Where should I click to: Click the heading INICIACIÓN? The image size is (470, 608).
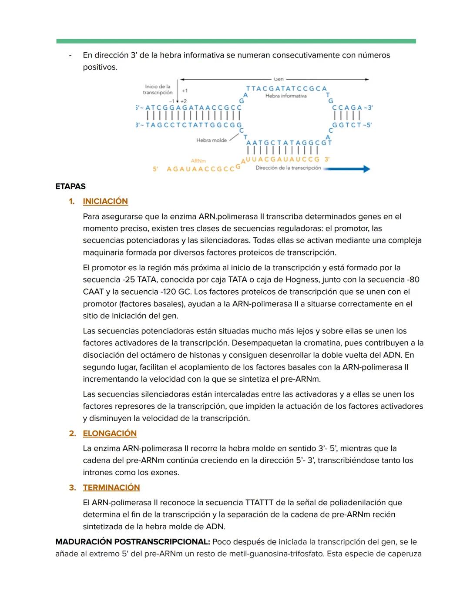105,202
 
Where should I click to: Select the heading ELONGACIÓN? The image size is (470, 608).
110,433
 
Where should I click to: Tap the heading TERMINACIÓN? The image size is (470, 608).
111,488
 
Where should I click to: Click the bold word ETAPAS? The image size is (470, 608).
70,186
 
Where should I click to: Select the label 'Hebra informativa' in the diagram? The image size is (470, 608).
286,96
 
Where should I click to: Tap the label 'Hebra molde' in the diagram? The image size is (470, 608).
211,140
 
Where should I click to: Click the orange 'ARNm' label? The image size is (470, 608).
198,161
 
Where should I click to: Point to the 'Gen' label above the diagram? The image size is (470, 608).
279,79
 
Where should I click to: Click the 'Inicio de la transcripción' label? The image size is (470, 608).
158,90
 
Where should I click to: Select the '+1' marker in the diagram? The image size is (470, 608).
185,91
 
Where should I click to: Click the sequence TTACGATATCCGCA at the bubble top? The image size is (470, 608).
286,88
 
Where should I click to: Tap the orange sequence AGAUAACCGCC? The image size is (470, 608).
201,169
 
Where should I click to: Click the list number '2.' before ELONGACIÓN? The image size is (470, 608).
72,433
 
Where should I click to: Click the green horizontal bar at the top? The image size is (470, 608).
236,41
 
